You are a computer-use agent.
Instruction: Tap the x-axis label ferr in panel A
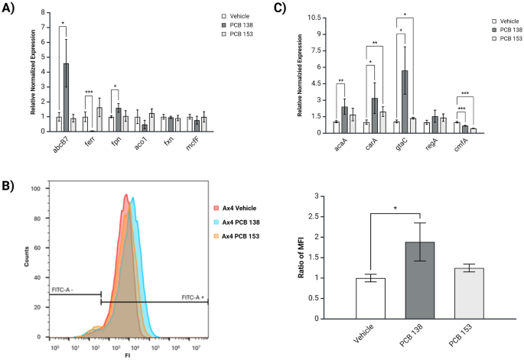(x=89, y=141)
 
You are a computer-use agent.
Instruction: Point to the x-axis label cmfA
(x=462, y=142)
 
